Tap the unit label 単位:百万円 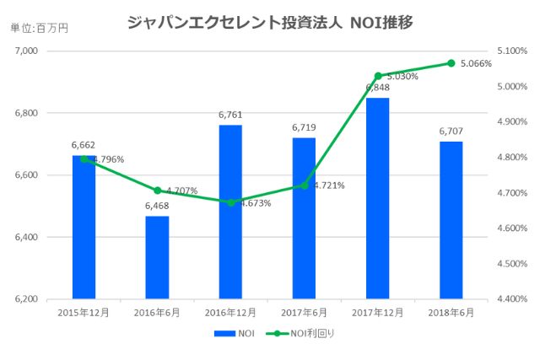pos(39,29)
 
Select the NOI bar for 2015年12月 pos(84,228)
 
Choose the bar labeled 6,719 pos(304,218)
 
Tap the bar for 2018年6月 pos(451,221)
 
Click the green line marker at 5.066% pos(451,63)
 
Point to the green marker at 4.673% pos(230,202)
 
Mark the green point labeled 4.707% pos(157,191)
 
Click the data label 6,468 pos(157,206)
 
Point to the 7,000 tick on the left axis pos(27,51)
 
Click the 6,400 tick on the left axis pos(27,238)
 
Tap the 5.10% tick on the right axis pos(512,51)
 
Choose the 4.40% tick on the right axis pos(512,299)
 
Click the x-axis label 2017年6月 pos(304,313)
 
